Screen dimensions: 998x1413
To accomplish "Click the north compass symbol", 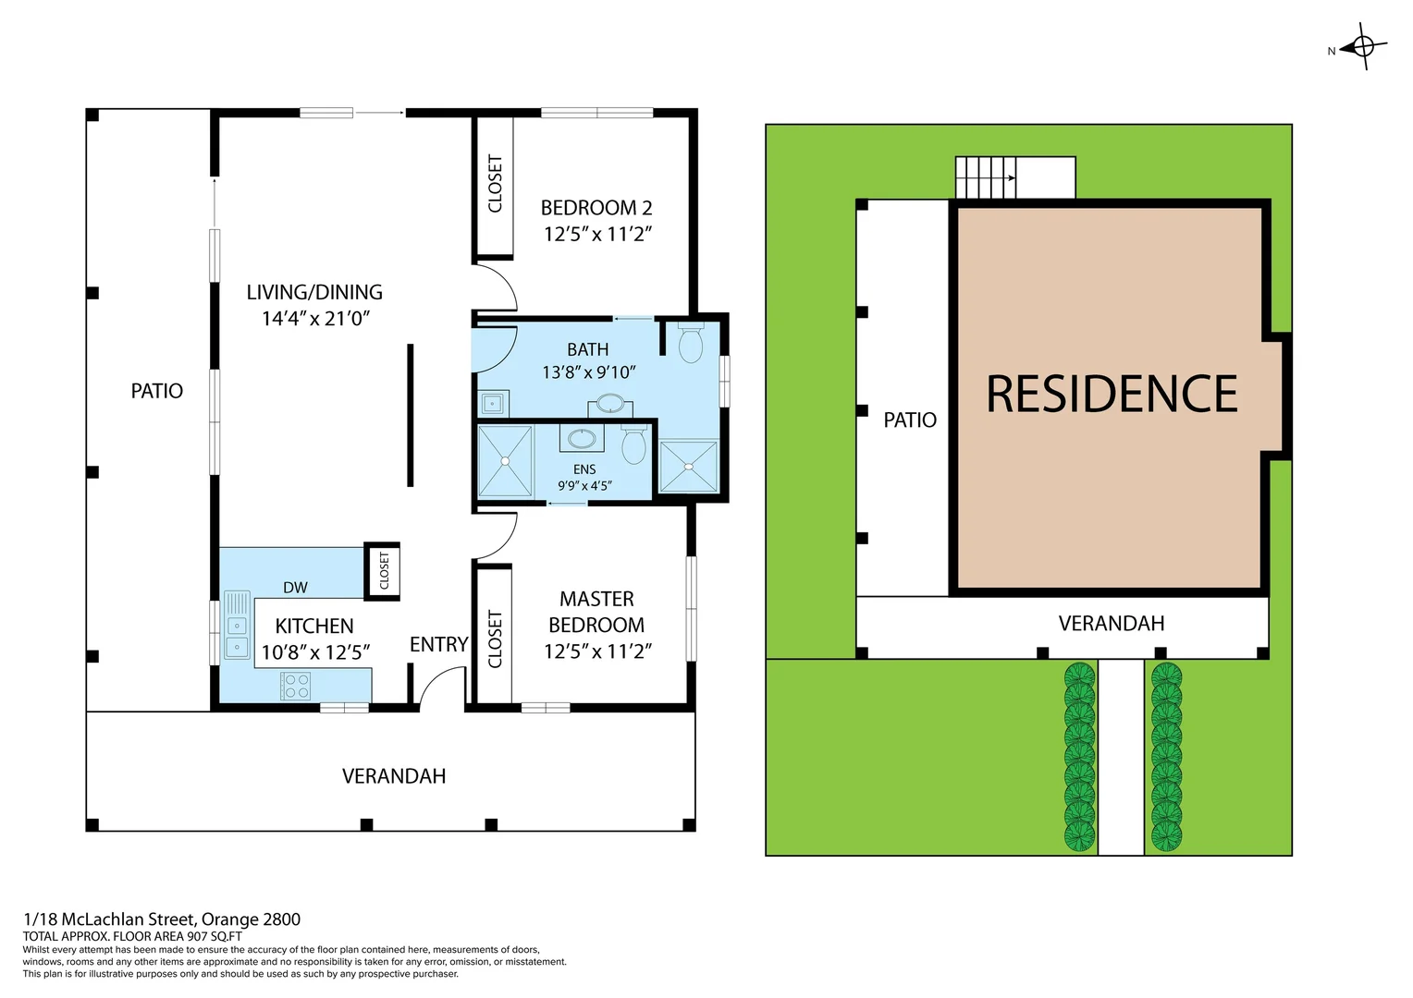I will tap(1364, 45).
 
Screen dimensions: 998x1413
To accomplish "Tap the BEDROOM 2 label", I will tap(596, 208).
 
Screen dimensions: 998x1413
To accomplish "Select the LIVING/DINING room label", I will tap(314, 292).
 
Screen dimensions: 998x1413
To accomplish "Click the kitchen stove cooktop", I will tap(296, 687).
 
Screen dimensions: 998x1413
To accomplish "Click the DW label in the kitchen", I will tap(295, 588).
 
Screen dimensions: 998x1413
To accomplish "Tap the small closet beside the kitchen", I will tap(383, 571).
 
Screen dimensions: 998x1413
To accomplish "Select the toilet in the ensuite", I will tap(633, 445).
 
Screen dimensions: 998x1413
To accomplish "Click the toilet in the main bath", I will tap(690, 344).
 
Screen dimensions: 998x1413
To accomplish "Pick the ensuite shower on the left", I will tap(505, 460).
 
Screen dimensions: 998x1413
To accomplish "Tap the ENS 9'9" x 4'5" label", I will tap(584, 478).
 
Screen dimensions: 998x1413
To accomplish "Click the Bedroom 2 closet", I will tap(495, 185).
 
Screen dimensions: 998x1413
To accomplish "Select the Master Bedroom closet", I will tap(495, 638).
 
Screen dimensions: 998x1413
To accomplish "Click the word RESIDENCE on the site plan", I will tap(1112, 395).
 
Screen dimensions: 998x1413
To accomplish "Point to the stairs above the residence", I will tap(986, 177).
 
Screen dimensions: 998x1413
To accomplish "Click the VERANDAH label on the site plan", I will tap(1111, 624).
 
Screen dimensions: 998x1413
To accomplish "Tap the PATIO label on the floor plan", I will tap(156, 391).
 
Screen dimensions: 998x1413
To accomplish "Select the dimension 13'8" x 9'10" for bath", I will tap(588, 372).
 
